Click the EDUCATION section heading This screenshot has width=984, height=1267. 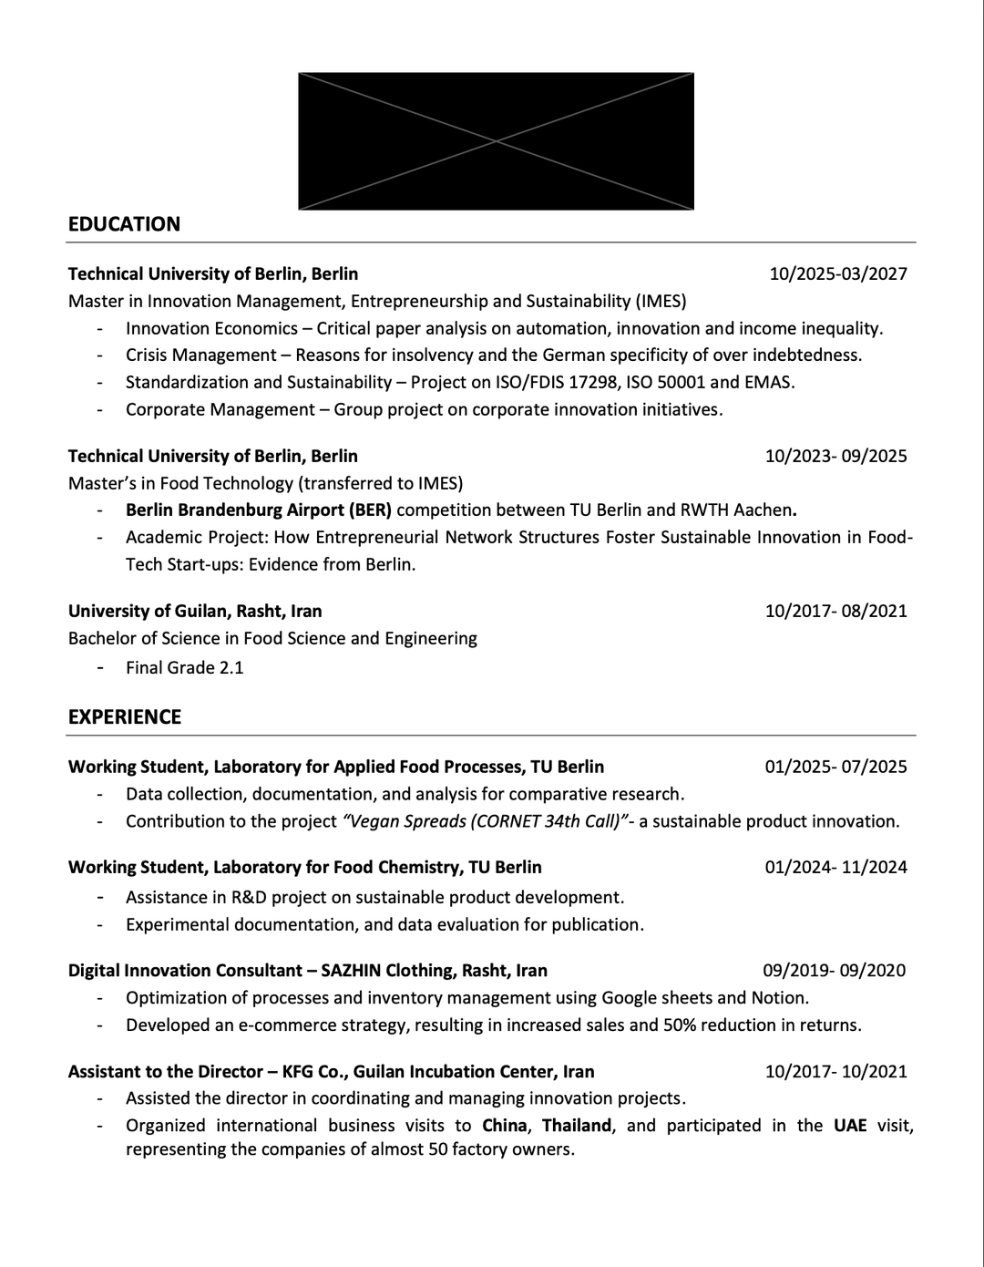[124, 224]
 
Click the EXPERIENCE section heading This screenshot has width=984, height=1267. [125, 716]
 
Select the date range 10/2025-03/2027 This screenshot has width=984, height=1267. [838, 273]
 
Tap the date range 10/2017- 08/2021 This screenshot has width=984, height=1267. [835, 611]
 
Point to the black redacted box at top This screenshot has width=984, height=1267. [496, 141]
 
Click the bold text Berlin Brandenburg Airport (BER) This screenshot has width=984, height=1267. [259, 510]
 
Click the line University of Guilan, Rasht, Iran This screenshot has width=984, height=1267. [195, 611]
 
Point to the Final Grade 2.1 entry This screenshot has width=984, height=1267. [185, 667]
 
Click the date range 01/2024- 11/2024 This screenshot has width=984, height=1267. [835, 867]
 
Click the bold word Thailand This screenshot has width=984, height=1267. [577, 1125]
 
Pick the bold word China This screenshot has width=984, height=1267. [505, 1125]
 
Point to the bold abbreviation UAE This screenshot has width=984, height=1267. [850, 1125]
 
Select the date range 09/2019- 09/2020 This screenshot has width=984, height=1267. [834, 970]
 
